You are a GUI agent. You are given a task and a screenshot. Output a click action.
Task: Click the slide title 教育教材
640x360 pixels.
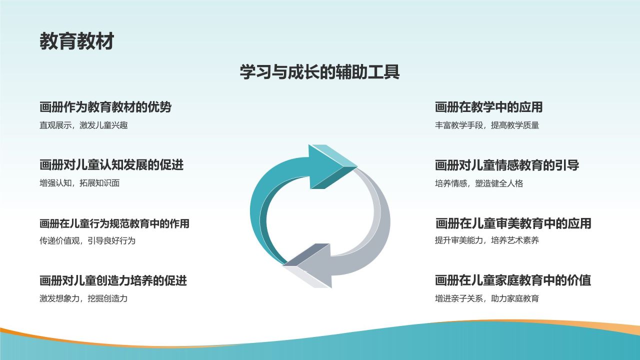76,41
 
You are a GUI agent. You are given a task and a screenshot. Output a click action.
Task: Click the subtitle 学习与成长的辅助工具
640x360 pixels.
319,72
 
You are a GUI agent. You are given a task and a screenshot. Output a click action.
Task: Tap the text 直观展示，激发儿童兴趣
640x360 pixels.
83,125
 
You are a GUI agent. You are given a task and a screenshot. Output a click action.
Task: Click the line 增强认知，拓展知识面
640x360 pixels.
79,183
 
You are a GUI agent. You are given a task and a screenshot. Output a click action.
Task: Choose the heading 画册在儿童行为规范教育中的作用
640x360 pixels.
114,223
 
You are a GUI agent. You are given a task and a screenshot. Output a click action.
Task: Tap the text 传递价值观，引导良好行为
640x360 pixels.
87,241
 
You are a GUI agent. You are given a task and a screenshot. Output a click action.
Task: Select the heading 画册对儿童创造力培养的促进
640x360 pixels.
113,280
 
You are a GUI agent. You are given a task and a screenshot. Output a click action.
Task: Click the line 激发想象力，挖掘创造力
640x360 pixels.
83,299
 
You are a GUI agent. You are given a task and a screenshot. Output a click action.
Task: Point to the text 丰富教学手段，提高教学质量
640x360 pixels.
487,125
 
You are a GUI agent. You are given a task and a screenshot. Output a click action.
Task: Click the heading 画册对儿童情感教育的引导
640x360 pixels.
507,165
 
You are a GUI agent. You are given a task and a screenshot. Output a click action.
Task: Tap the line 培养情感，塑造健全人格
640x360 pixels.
479,183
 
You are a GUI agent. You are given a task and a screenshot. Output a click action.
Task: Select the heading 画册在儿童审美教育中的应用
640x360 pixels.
513,223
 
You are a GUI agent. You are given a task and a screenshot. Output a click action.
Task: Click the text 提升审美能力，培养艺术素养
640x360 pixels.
487,241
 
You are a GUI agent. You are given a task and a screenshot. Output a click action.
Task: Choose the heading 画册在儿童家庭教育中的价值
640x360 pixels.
513,280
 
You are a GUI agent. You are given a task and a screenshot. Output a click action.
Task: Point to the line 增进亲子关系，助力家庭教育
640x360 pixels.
487,299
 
